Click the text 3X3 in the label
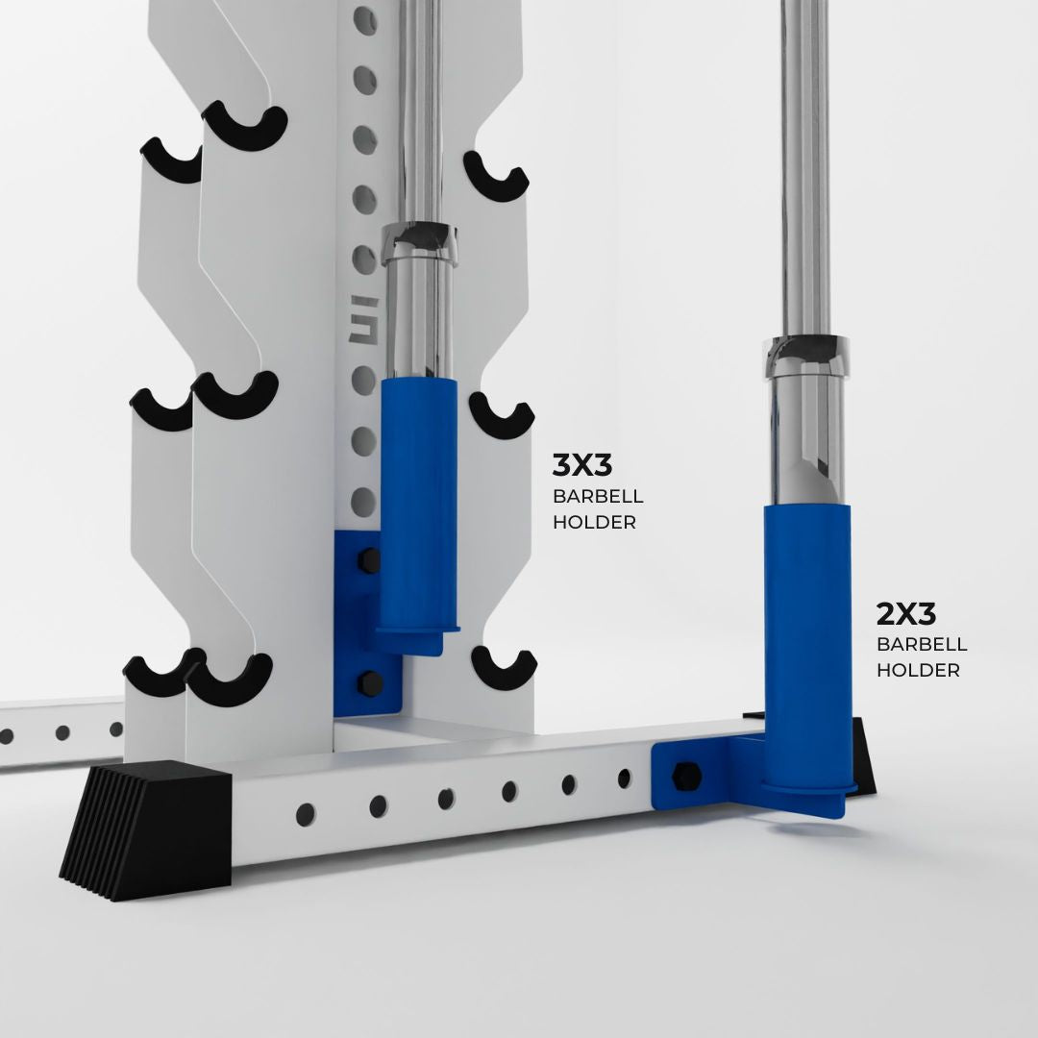point(582,466)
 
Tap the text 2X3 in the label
point(906,613)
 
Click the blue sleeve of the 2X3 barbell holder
point(807,634)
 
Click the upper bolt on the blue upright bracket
point(369,559)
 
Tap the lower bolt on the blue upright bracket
point(369,683)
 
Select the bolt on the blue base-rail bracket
point(684,775)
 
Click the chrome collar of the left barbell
point(420,242)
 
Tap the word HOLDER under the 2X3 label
point(918,670)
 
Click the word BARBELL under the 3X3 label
point(598,497)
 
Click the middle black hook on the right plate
point(501,415)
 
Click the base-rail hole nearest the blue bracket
point(625,778)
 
